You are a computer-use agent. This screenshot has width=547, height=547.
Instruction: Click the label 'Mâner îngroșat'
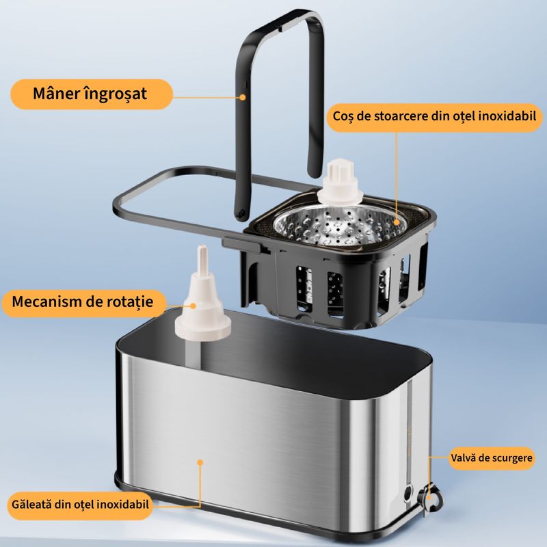click(x=90, y=94)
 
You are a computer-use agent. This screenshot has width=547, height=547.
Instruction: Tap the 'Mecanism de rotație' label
click(x=84, y=301)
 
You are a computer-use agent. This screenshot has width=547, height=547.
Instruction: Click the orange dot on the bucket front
click(x=200, y=462)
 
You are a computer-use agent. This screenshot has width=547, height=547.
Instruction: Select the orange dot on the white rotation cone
click(x=183, y=302)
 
